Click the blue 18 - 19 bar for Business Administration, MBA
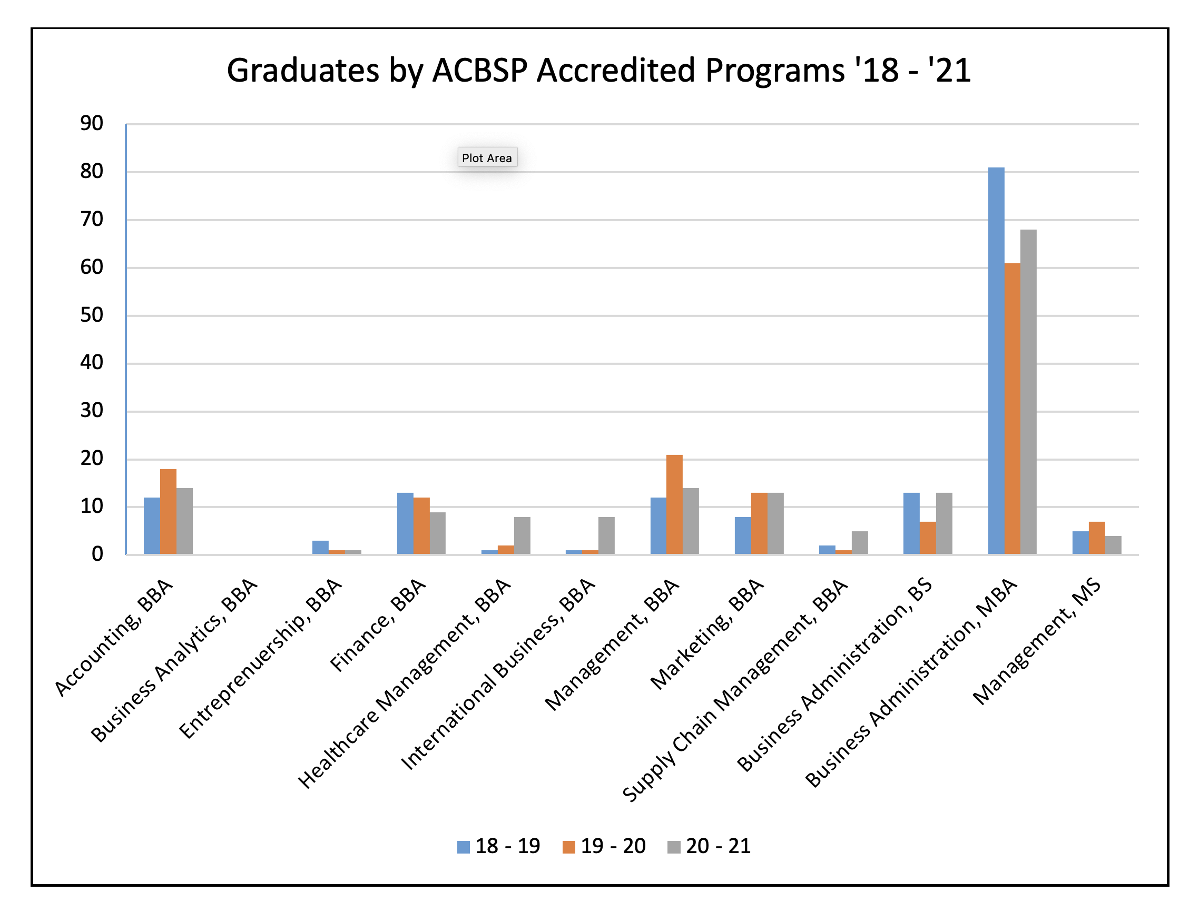click(995, 361)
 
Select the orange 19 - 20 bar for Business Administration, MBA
click(1011, 409)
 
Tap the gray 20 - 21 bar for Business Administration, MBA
click(1028, 392)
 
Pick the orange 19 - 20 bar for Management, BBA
click(674, 504)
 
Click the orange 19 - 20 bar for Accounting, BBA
click(168, 511)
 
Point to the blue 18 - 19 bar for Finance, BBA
click(405, 523)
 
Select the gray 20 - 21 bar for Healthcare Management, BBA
click(522, 536)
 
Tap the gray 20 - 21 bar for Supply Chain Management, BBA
click(860, 542)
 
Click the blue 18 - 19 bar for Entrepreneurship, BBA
click(320, 547)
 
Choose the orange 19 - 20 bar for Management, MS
click(1096, 538)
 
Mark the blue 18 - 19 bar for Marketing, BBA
click(742, 536)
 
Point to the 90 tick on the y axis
click(92, 124)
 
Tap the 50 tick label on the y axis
click(92, 315)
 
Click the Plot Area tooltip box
click(487, 158)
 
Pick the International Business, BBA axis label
click(497, 674)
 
